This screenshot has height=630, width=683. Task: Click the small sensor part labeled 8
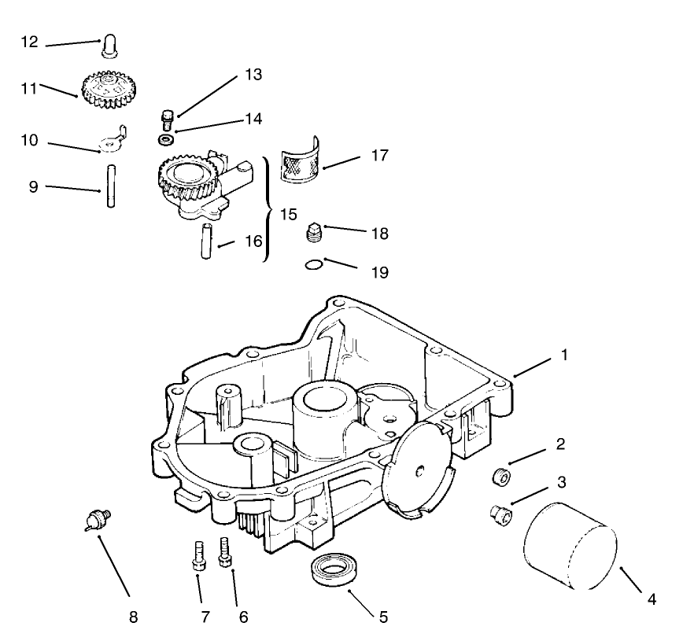click(x=98, y=520)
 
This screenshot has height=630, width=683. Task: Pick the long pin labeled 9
click(x=111, y=187)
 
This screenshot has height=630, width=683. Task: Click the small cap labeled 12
click(x=109, y=46)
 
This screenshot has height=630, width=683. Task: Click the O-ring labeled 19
click(x=314, y=265)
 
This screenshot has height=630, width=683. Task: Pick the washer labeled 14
click(x=166, y=140)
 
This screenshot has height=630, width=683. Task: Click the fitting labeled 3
click(x=499, y=514)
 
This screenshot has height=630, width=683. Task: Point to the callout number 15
click(x=288, y=214)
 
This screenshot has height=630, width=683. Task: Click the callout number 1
click(x=563, y=355)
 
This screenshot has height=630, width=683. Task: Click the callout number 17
click(x=379, y=156)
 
